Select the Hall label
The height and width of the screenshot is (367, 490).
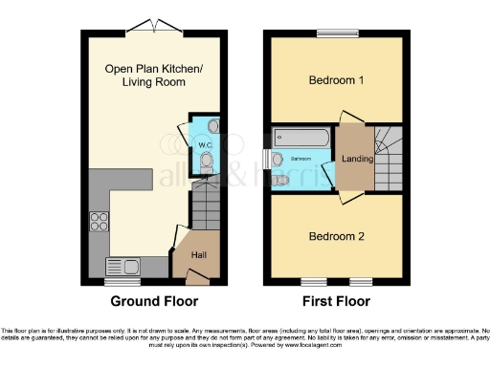198,255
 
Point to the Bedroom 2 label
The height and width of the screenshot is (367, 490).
335,235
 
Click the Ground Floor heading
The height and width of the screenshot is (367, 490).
155,301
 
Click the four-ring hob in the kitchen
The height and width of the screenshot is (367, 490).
100,222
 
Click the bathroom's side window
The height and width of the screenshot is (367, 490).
268,160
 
